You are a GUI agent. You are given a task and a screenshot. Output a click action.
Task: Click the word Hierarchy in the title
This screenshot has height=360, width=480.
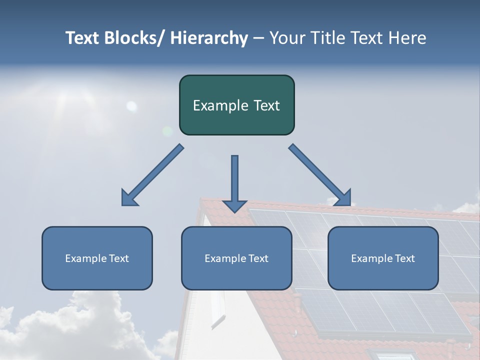(x=209, y=38)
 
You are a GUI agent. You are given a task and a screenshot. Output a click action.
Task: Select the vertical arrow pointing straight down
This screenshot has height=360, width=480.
(x=234, y=182)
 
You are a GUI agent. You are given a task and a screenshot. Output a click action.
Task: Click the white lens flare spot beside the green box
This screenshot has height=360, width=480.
(x=131, y=106)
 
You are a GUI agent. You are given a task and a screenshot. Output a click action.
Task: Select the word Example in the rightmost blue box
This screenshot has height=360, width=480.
(x=367, y=258)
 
